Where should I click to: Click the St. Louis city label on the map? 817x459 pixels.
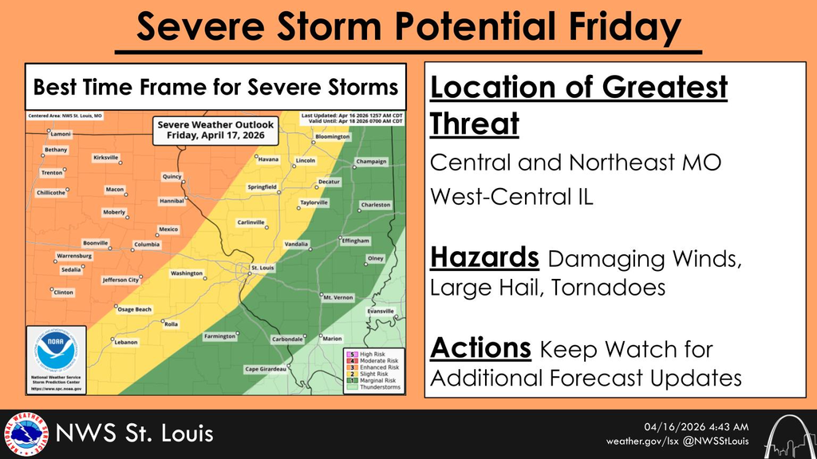point(262,268)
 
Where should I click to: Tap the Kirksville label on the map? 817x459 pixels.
point(105,158)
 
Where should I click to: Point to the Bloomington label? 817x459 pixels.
point(333,136)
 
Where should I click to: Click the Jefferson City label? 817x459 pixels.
point(120,280)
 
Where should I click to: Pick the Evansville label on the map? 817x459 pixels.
point(381,311)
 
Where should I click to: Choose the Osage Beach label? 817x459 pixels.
point(134,309)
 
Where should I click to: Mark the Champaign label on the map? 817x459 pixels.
point(371,162)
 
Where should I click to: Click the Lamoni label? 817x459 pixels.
point(61,135)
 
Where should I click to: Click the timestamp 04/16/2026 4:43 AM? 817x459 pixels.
point(696,426)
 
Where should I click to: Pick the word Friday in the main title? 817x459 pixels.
point(609,29)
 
